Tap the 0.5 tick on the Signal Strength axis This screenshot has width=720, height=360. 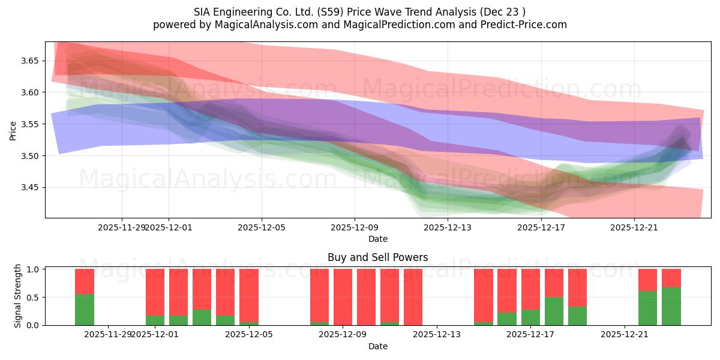tap(34, 297)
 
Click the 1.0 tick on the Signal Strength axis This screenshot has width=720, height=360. tap(34, 269)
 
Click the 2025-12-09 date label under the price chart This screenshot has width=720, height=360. tap(355, 227)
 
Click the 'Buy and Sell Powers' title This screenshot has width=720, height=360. tap(377, 257)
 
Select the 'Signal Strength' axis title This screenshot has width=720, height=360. tap(18, 296)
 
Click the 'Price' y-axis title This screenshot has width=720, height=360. tap(13, 130)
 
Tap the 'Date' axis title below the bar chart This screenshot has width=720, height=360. tap(377, 346)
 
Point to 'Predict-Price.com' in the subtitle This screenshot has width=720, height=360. tap(521, 25)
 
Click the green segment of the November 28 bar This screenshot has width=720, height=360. tap(85, 310)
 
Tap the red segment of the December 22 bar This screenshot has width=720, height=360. tap(647, 280)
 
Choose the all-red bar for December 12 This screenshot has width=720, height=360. tap(413, 297)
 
